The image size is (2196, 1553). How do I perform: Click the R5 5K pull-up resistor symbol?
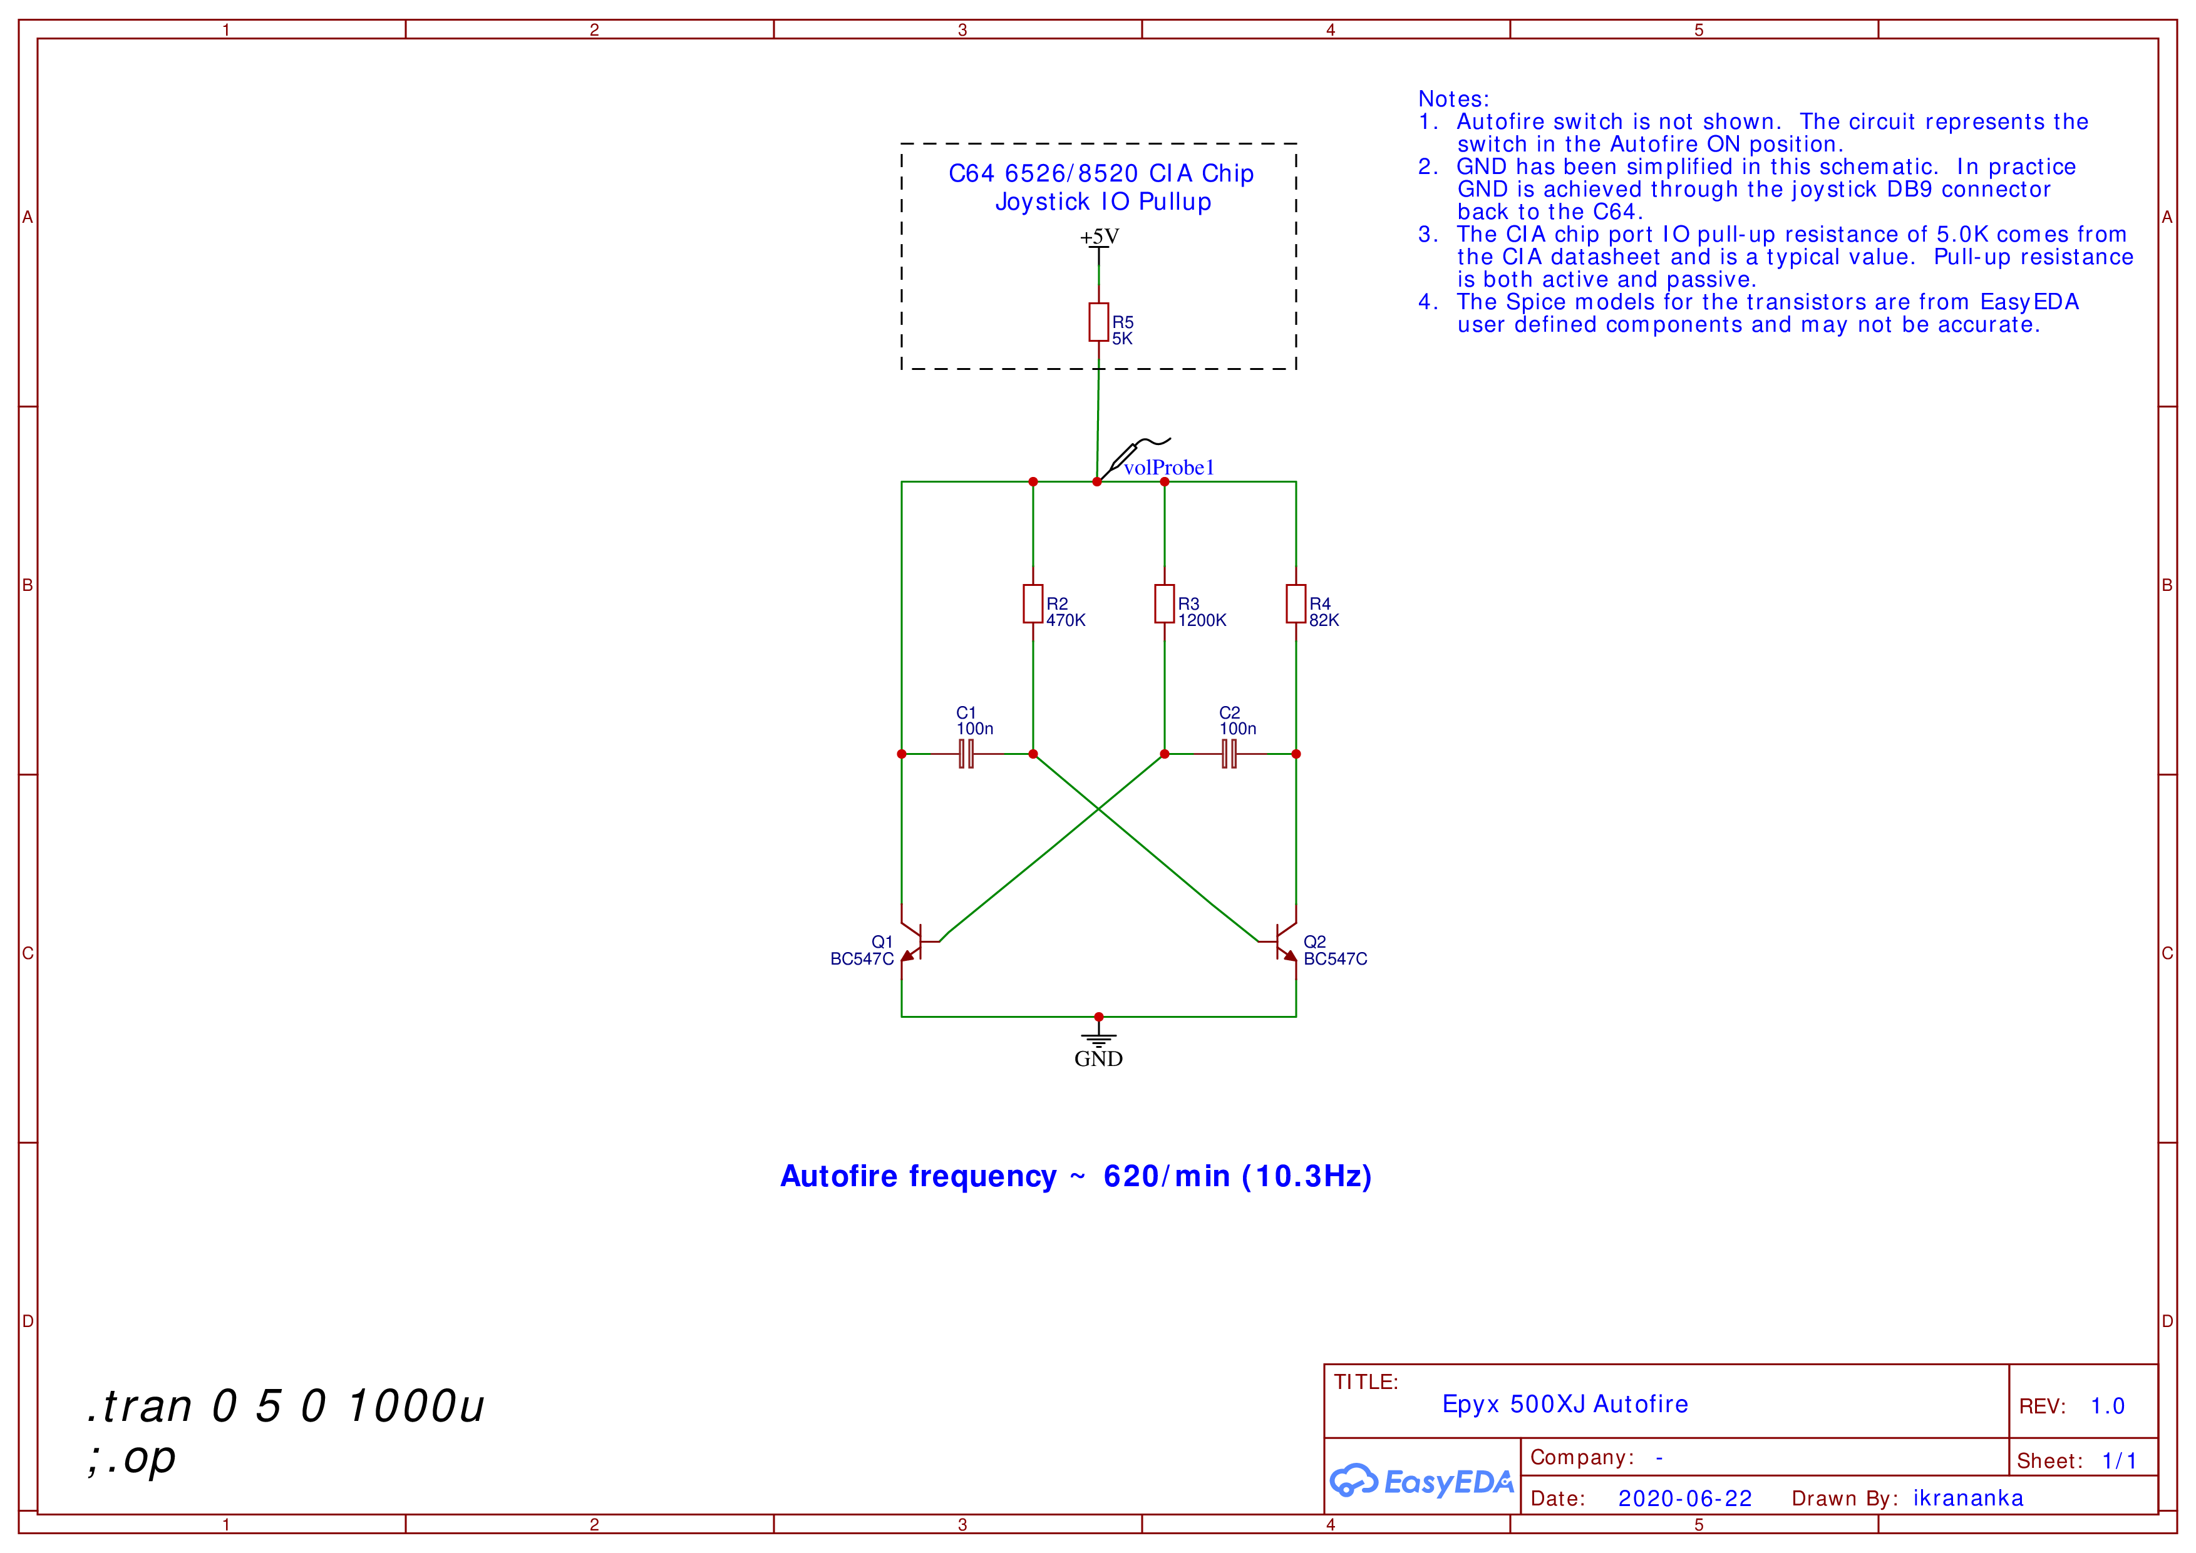pyautogui.click(x=1098, y=322)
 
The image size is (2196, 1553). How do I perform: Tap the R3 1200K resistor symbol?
pyautogui.click(x=1164, y=603)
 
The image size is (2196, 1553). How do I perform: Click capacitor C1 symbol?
pyautogui.click(x=966, y=754)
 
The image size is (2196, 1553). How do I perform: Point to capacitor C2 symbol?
pyautogui.click(x=1229, y=754)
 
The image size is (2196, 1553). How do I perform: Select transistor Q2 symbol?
pyautogui.click(x=1286, y=942)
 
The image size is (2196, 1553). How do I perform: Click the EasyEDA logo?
pyautogui.click(x=1421, y=1480)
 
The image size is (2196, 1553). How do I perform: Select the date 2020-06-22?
pyautogui.click(x=1684, y=1499)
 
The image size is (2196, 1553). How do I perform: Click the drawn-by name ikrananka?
pyautogui.click(x=1967, y=1499)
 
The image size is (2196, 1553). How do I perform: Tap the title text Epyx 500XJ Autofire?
pyautogui.click(x=1565, y=1404)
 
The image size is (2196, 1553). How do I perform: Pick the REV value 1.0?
pyautogui.click(x=2107, y=1406)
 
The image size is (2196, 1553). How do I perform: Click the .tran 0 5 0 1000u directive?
pyautogui.click(x=285, y=1406)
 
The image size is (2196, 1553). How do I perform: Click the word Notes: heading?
pyautogui.click(x=1453, y=100)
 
